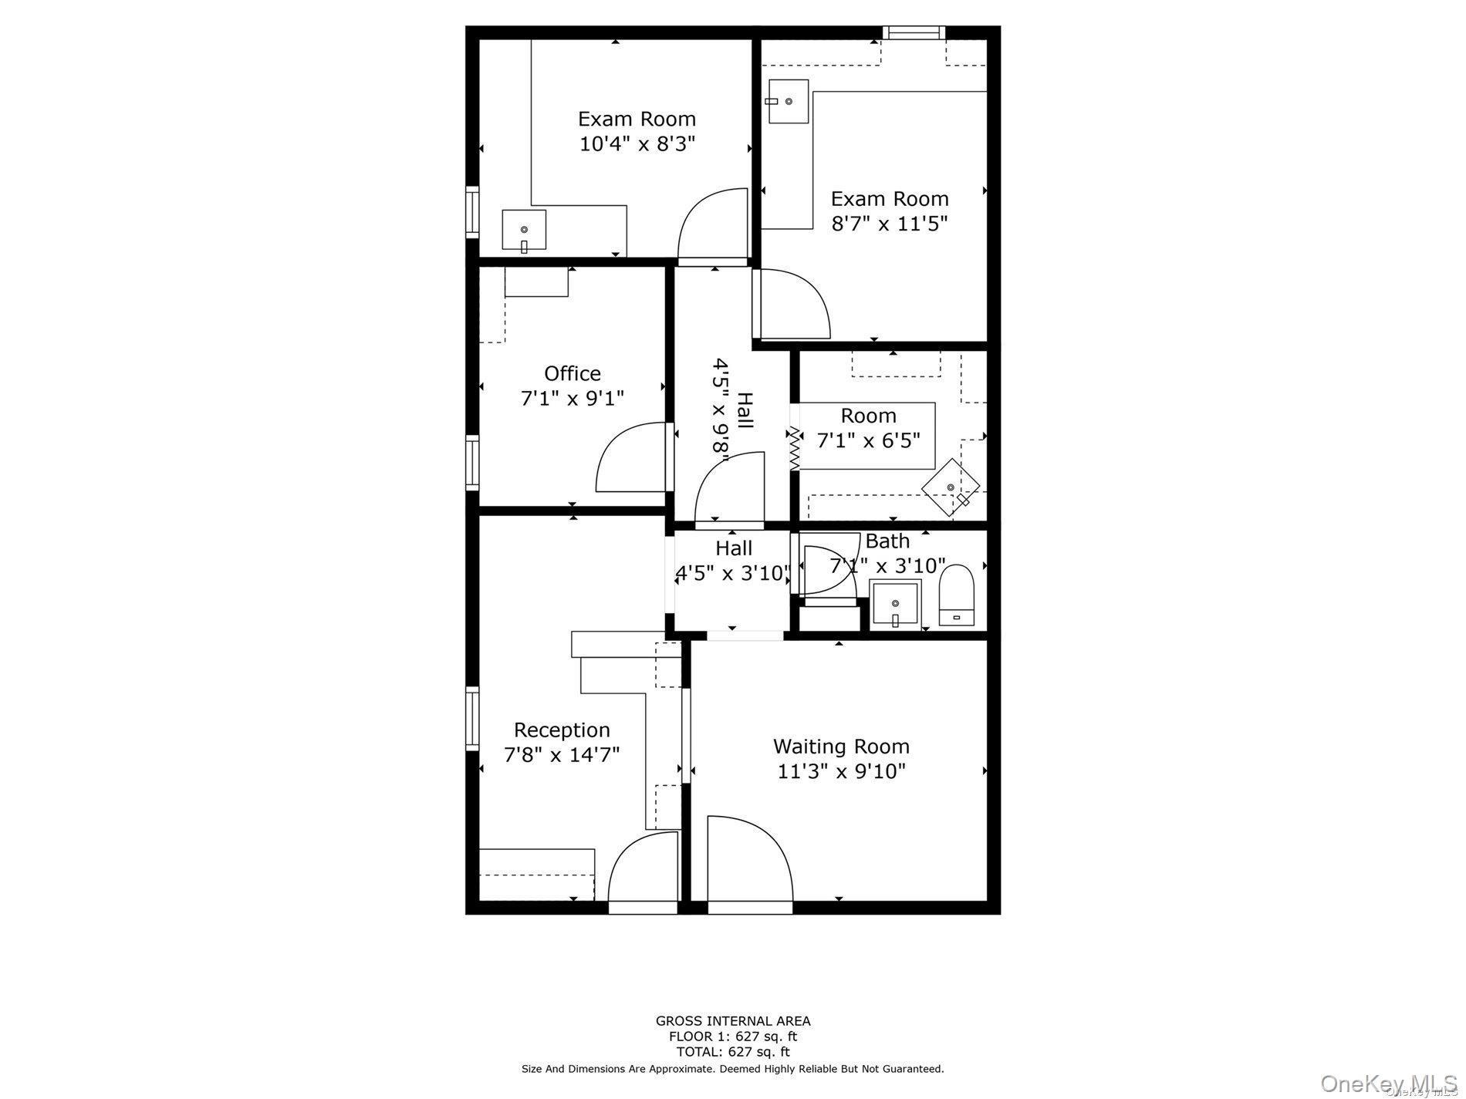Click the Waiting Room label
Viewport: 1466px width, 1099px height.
pos(841,747)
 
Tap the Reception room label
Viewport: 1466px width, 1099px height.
pos(562,730)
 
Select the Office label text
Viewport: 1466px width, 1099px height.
pos(572,373)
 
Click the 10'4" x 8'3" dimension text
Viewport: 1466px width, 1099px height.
pos(637,144)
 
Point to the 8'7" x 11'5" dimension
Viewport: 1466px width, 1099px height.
pos(889,224)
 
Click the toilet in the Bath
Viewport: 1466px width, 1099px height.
pos(957,595)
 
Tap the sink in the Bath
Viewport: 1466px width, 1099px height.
pos(895,605)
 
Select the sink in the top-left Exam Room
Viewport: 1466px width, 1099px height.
pos(524,230)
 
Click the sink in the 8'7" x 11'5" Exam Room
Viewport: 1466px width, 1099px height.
pos(787,101)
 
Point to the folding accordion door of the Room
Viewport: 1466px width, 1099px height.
pos(793,449)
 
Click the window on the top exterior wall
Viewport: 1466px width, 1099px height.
pos(914,32)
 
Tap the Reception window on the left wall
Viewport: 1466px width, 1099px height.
pos(472,718)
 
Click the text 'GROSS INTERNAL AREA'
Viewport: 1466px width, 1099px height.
pos(732,1020)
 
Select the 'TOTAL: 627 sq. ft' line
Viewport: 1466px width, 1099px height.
pos(732,1051)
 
